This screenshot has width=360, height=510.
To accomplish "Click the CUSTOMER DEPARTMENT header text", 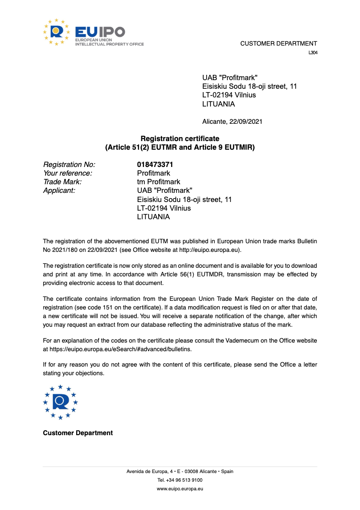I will [x=279, y=44].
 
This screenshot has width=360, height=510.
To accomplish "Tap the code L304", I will [x=313, y=53].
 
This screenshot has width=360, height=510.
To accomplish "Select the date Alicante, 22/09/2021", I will [x=232, y=122].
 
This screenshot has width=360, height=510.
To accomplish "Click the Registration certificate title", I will [x=180, y=139].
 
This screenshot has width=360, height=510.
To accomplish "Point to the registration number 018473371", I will [x=155, y=165].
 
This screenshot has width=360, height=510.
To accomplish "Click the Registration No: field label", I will [x=69, y=165].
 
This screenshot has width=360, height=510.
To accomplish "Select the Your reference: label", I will [x=68, y=173].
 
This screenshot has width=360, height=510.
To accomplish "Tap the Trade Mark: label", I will [x=62, y=182].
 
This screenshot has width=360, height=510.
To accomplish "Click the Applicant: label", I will [x=59, y=190].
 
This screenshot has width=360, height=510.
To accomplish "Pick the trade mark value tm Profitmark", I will [x=159, y=182].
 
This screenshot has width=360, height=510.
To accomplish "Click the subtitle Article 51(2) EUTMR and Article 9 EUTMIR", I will [x=180, y=147].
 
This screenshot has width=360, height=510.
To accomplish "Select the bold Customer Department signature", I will [x=78, y=433].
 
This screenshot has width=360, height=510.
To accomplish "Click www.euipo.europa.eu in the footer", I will [x=180, y=488].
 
